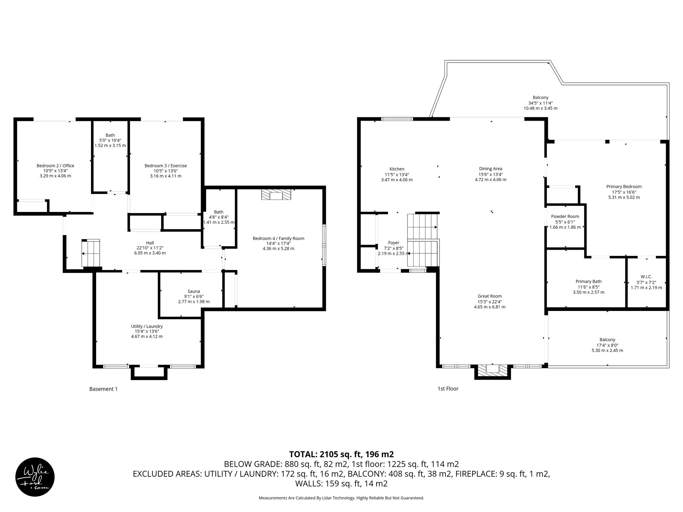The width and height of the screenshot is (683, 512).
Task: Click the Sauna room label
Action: [x=194, y=291]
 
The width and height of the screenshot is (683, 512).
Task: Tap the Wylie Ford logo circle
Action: [x=35, y=477]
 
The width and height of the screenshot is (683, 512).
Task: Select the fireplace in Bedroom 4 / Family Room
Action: [x=276, y=195]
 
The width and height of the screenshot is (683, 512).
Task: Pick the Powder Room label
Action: [x=565, y=216]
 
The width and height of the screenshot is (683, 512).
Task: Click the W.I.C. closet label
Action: [x=646, y=277]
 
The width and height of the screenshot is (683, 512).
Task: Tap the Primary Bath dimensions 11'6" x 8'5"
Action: [x=588, y=287]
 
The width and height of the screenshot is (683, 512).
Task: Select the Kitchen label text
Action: [x=397, y=169]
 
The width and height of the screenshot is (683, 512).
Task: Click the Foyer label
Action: [x=394, y=243]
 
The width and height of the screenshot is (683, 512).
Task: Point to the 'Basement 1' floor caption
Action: [x=103, y=389]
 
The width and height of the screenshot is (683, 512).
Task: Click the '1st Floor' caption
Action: [x=448, y=389]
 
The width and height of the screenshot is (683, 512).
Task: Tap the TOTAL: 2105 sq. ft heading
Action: [x=341, y=454]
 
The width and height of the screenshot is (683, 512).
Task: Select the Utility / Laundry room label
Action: [x=147, y=326]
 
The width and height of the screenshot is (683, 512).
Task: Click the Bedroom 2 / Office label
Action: [x=55, y=166]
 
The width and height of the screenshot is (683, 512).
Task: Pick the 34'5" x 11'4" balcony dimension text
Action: [x=540, y=103]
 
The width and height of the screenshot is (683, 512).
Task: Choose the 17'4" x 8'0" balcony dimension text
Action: [x=607, y=345]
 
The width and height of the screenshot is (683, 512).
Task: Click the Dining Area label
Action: [x=490, y=169]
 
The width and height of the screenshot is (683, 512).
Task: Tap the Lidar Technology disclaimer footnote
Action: [x=341, y=498]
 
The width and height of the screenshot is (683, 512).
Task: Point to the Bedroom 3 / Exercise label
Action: [x=165, y=166]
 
